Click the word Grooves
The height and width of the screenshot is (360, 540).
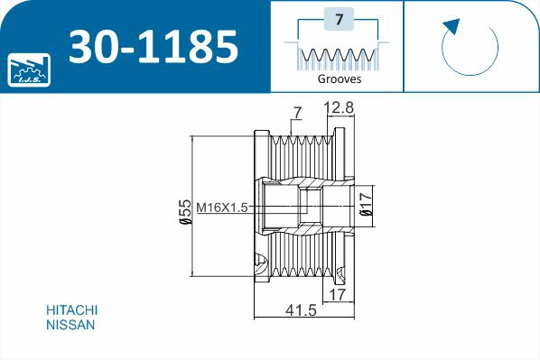(x=340, y=78)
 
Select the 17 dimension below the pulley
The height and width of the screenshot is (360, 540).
(x=337, y=293)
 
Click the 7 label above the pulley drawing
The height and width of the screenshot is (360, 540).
(x=296, y=113)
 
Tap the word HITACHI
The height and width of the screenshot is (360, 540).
(x=71, y=309)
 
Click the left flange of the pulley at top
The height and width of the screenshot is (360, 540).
(x=262, y=149)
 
